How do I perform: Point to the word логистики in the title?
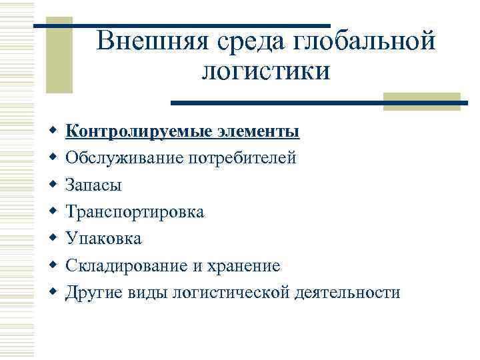pyautogui.click(x=266, y=69)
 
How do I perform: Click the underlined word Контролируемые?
pyautogui.click(x=139, y=131)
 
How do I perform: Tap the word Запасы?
pyautogui.click(x=93, y=185)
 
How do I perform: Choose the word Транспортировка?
pyautogui.click(x=135, y=211)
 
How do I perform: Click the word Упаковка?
pyautogui.click(x=103, y=238)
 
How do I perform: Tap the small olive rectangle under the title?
pyautogui.click(x=423, y=99)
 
